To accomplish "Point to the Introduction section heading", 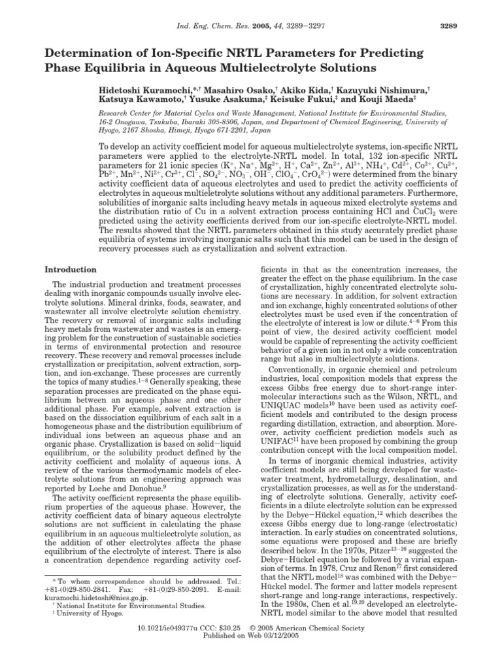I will click(x=70, y=270).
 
